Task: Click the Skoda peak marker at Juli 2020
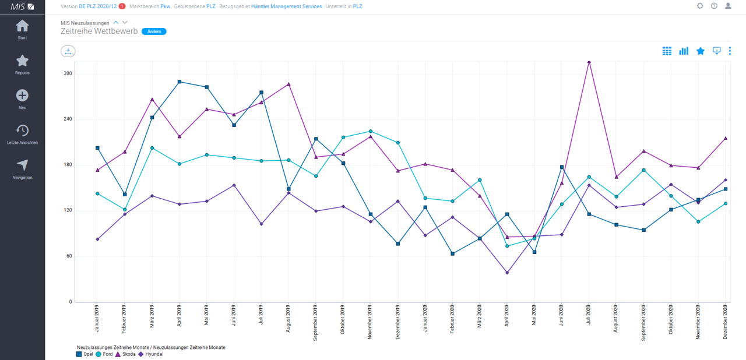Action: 589,61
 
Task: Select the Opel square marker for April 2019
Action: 179,82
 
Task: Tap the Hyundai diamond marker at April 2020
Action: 507,273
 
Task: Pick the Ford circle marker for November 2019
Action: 370,132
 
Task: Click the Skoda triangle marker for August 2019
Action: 288,84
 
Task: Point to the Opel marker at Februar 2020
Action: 452,254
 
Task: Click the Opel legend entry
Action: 85,354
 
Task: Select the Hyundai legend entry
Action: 150,354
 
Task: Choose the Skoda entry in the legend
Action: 125,354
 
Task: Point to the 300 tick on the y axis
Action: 68,73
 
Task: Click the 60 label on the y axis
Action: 69,256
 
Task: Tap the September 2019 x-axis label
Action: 316,323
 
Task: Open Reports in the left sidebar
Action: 22,64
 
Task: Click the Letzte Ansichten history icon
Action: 22,130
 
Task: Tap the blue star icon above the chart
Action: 701,51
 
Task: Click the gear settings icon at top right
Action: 700,6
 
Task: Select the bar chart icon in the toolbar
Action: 684,51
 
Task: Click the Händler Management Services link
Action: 286,6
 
